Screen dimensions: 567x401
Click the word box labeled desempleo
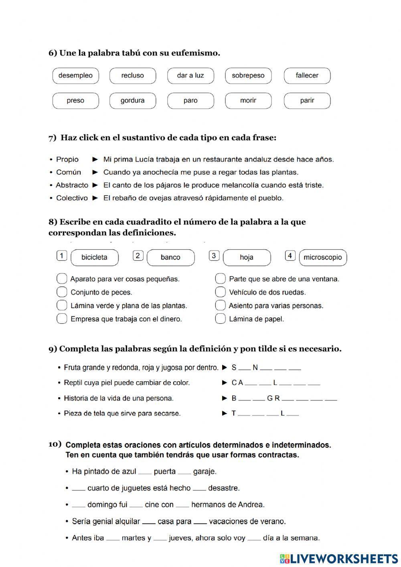pos(75,75)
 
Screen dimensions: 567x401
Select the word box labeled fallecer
pos(307,75)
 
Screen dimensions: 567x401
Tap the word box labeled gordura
pos(132,101)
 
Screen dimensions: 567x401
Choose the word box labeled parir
pos(307,101)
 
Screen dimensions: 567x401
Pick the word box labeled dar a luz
pos(190,75)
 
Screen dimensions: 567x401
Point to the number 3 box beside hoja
pos(214,256)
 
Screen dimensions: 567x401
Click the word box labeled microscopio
pos(323,257)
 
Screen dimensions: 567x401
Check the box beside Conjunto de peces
pos(62,292)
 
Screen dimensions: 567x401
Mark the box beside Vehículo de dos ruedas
pos(220,292)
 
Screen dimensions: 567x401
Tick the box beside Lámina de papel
pos(220,319)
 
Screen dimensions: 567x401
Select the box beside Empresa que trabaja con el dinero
pos(62,319)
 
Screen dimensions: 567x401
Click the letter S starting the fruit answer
pos(234,367)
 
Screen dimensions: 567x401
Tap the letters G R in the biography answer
pos(273,398)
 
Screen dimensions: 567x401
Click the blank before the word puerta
pos(145,472)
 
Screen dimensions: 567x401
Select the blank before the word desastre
pos(199,489)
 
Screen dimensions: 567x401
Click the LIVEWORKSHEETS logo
pos(339,558)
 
